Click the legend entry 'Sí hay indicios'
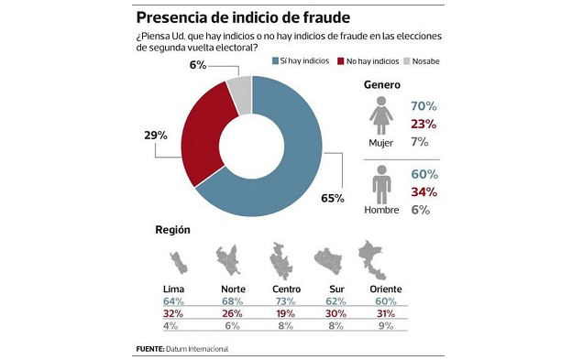tap(302, 60)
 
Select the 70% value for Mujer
tap(423, 105)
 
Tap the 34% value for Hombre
tap(423, 191)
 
